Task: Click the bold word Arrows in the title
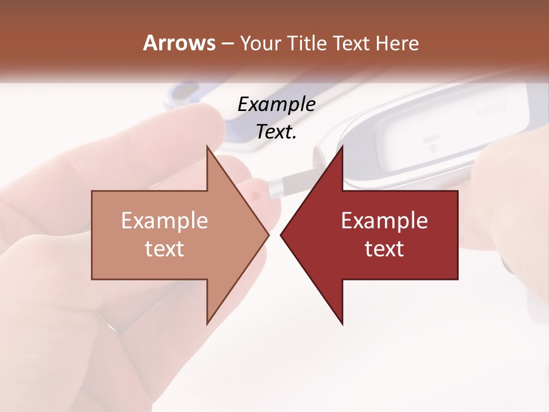coord(180,43)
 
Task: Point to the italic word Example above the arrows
coord(276,105)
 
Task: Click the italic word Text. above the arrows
coord(276,132)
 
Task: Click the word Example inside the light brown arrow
coord(165,221)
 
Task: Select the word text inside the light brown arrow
coord(165,249)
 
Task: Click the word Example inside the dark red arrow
coord(384,221)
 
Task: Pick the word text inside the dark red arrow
coord(384,249)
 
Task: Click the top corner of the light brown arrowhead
coord(208,147)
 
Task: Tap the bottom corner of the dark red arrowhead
coord(342,324)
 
